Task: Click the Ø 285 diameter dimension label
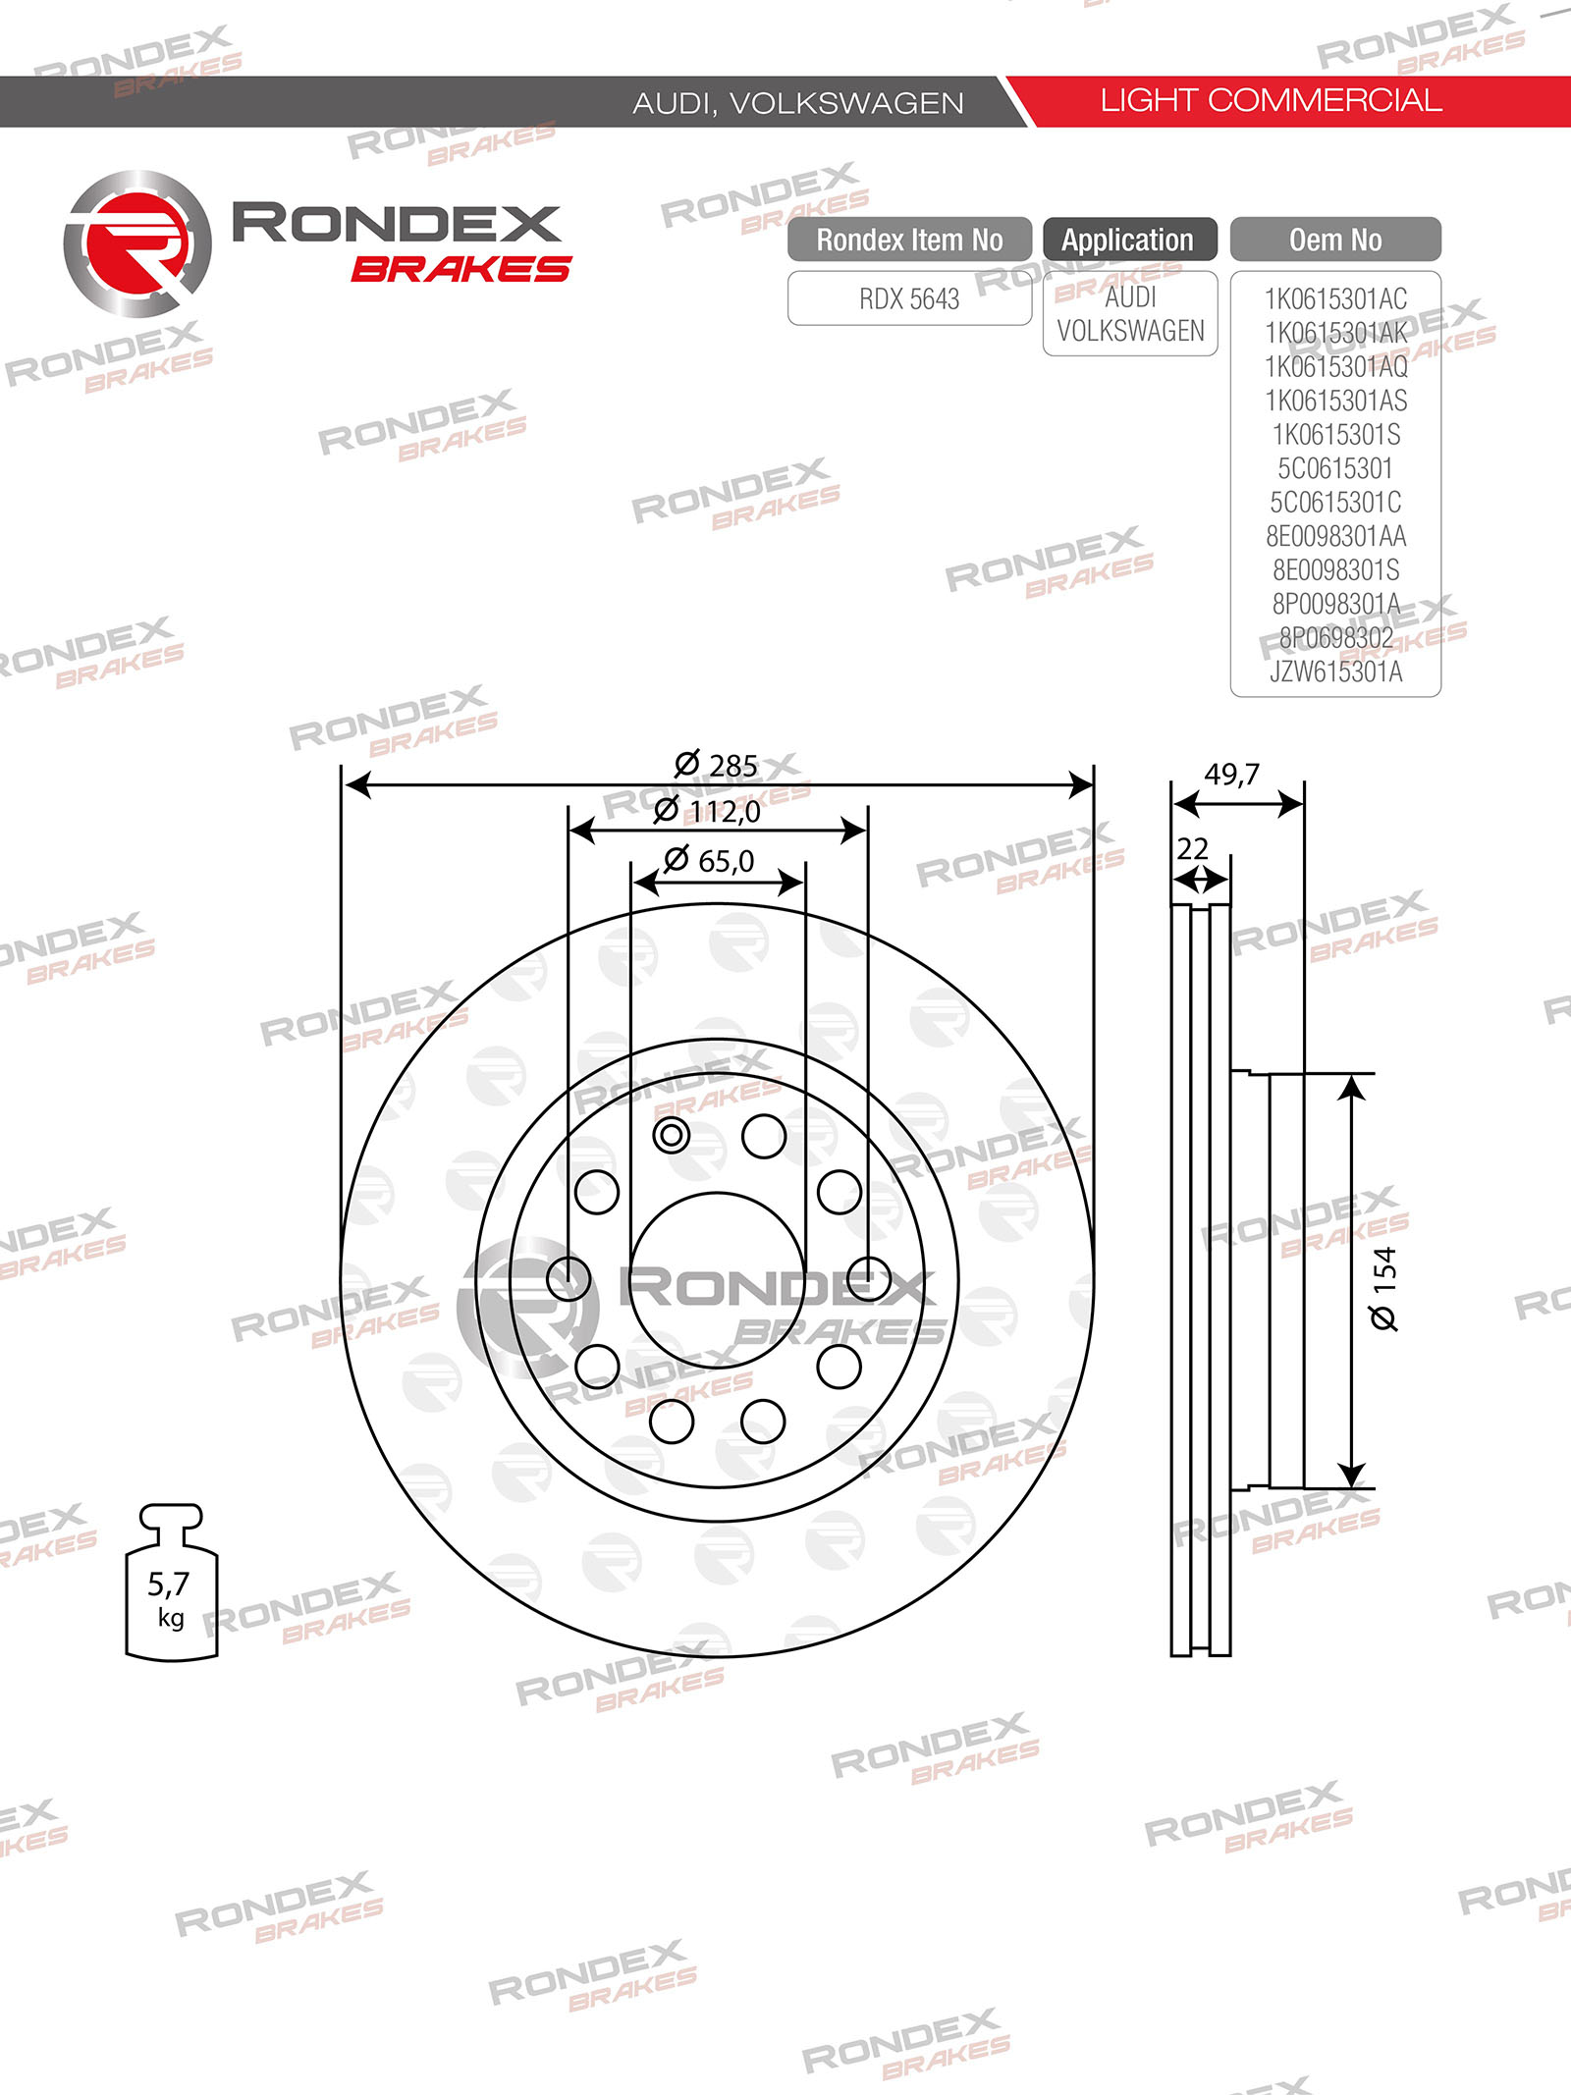point(717,765)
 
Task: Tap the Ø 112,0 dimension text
point(708,811)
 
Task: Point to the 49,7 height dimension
point(1231,775)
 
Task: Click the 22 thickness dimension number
point(1192,848)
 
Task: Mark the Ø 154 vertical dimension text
point(1383,1288)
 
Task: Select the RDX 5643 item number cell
point(909,298)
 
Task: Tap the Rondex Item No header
point(909,240)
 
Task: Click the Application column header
point(1128,240)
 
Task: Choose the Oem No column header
point(1334,240)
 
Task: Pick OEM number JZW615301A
point(1335,672)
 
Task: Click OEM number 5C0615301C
point(1335,503)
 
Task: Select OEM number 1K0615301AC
point(1335,298)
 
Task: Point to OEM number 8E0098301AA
point(1335,536)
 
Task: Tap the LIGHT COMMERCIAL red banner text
point(1271,100)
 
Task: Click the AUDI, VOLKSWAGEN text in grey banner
point(797,103)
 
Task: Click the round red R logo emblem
point(137,243)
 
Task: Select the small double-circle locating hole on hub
point(672,1136)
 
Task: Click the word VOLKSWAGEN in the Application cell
point(1130,332)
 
